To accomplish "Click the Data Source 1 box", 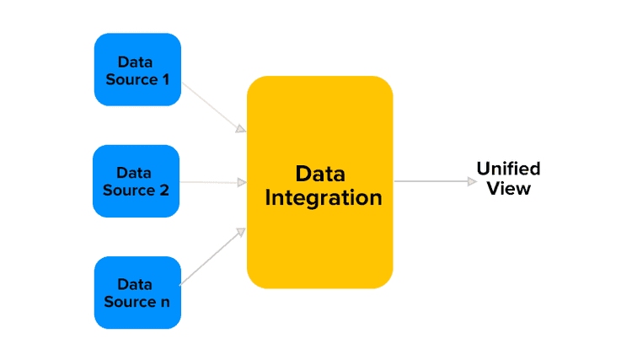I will tap(137, 70).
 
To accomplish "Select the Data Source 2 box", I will tap(136, 181).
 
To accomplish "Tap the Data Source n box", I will tap(137, 293).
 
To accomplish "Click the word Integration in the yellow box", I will tap(324, 199).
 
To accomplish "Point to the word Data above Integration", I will tap(320, 175).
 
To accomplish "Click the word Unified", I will tap(508, 169).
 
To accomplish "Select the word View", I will tap(508, 189).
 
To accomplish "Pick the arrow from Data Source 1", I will tap(214, 107).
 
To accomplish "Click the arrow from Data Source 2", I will tap(213, 182).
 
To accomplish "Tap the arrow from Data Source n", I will tap(213, 255).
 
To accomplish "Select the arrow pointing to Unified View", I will tap(434, 181).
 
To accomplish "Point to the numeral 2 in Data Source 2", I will tap(164, 191).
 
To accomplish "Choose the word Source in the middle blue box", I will tap(129, 191).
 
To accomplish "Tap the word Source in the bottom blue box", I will tap(129, 302).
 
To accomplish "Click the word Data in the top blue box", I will tap(135, 62).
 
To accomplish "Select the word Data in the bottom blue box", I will tap(135, 284).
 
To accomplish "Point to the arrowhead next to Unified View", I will tap(472, 181).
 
